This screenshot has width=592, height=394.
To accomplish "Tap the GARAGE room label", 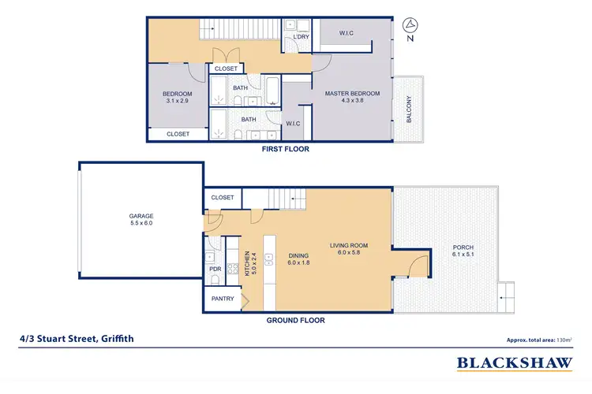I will (141, 220).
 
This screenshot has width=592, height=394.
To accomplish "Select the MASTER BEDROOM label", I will (352, 97).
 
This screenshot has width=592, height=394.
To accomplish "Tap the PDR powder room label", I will (215, 269).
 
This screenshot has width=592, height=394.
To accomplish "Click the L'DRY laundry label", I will (300, 37).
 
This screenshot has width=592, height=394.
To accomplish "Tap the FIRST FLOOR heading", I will (287, 148).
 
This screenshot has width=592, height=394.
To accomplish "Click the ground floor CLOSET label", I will (222, 197).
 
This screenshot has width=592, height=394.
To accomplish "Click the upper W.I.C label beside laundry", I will (346, 33).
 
